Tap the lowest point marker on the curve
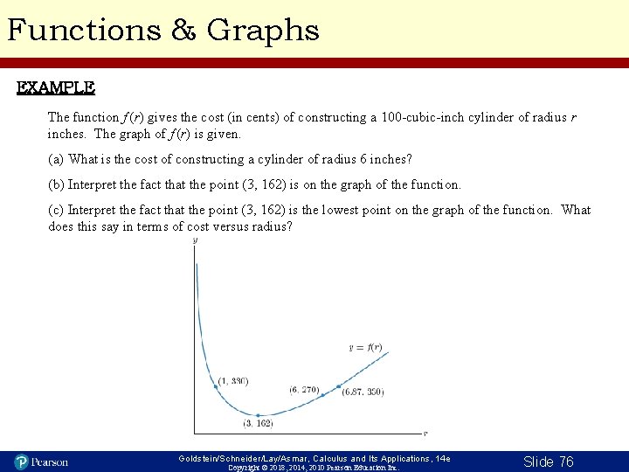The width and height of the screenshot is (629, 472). [x=259, y=415]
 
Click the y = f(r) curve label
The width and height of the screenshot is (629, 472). [x=365, y=347]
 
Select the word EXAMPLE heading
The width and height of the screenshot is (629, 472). [x=56, y=88]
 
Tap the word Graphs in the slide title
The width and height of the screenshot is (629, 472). [x=263, y=31]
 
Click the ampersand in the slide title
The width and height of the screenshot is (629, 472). [x=184, y=31]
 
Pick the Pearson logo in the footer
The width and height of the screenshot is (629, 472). [x=41, y=462]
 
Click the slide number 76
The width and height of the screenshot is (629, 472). [x=563, y=462]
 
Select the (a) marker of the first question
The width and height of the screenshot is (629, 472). [x=56, y=159]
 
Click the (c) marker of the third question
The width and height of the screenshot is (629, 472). [x=56, y=210]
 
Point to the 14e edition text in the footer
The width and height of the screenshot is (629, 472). [x=444, y=458]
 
